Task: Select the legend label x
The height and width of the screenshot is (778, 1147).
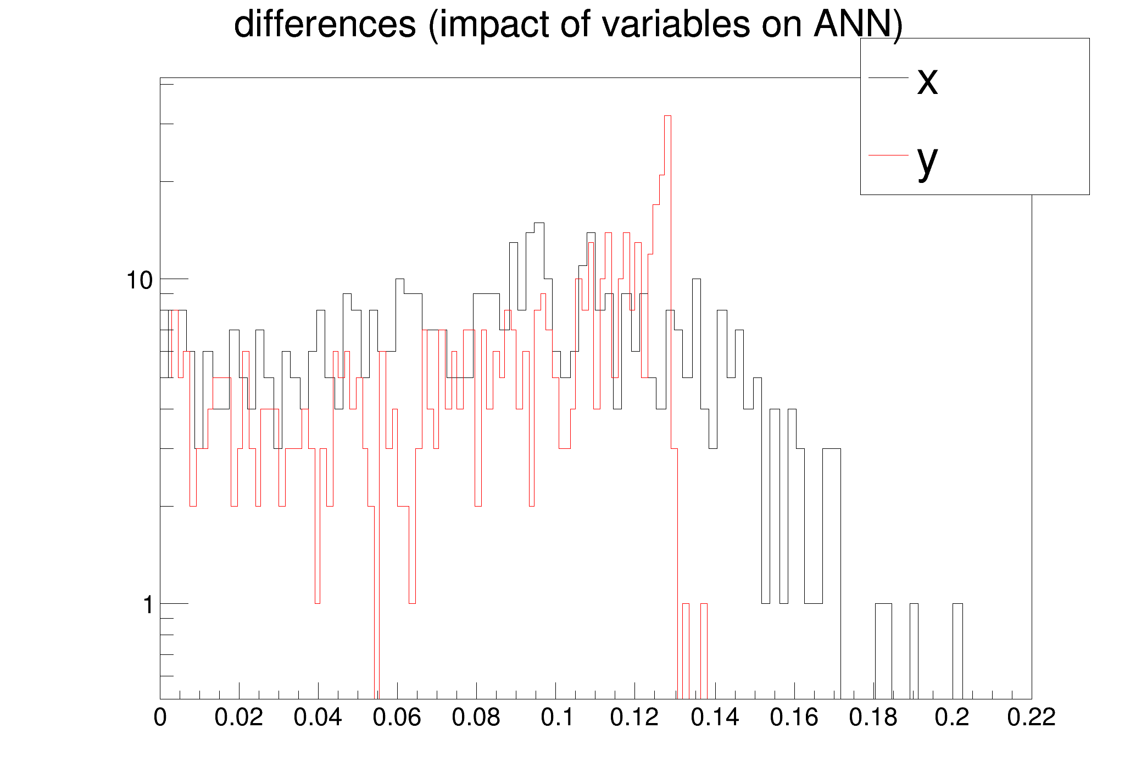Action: (927, 81)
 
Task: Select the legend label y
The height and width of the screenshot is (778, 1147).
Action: (927, 159)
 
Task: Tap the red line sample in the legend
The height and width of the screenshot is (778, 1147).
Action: (888, 155)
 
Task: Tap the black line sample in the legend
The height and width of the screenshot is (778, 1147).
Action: (888, 78)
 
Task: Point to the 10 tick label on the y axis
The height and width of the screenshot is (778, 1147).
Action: (140, 280)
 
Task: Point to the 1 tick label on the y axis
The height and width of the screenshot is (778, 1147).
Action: (147, 605)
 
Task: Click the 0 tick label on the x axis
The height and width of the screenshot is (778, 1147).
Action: (160, 718)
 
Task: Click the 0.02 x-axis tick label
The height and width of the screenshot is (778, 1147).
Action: (238, 718)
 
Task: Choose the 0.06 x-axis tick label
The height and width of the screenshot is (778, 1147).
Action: (397, 718)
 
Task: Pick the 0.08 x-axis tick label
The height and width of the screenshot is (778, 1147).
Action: (476, 718)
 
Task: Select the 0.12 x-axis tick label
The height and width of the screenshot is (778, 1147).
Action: (634, 718)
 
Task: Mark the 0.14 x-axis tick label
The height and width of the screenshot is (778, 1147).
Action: (714, 718)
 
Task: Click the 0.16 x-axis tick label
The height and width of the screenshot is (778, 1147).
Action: (793, 718)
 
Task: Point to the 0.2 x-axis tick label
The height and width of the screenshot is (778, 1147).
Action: (952, 718)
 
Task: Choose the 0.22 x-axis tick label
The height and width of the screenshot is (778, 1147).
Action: (1031, 718)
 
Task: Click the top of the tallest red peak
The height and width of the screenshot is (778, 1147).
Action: (667, 116)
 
